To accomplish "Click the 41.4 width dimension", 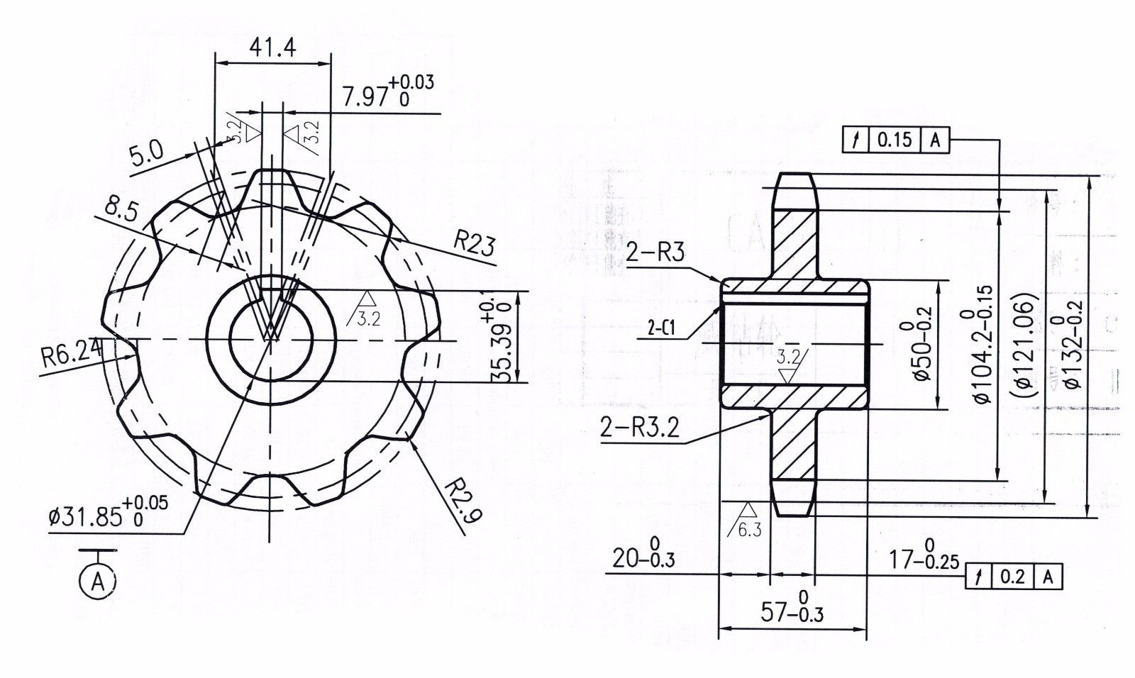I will pos(272,48).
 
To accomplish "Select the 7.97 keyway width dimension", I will pos(387,92).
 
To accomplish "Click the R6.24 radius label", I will pos(70,350).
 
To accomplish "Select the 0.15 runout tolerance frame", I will pos(897,140).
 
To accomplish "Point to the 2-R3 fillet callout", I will pos(655,253).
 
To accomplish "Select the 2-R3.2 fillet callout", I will pos(639,428).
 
